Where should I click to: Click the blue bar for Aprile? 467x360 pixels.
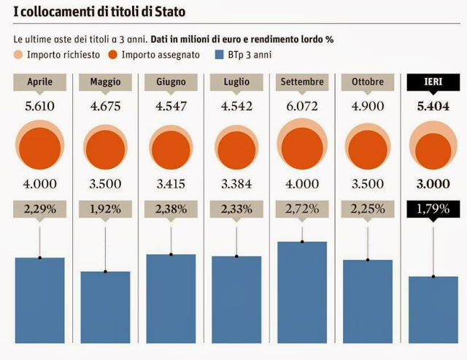coord(39,300)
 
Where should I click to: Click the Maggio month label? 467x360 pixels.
coord(105,82)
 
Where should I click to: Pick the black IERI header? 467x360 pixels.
coord(433,82)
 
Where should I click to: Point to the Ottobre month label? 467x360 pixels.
coord(368,82)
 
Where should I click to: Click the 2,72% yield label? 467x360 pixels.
coord(302,209)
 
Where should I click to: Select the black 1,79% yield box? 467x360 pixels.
coord(433,209)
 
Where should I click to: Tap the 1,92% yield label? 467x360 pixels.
coord(105,209)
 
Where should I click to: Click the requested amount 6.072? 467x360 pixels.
coord(302,107)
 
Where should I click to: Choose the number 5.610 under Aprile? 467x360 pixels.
coord(39,107)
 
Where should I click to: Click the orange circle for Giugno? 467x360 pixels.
coord(171,146)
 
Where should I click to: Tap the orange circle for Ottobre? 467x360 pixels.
coord(368,146)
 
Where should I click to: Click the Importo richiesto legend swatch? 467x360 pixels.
coord(19,54)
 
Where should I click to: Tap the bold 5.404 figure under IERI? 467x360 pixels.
coord(433,107)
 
